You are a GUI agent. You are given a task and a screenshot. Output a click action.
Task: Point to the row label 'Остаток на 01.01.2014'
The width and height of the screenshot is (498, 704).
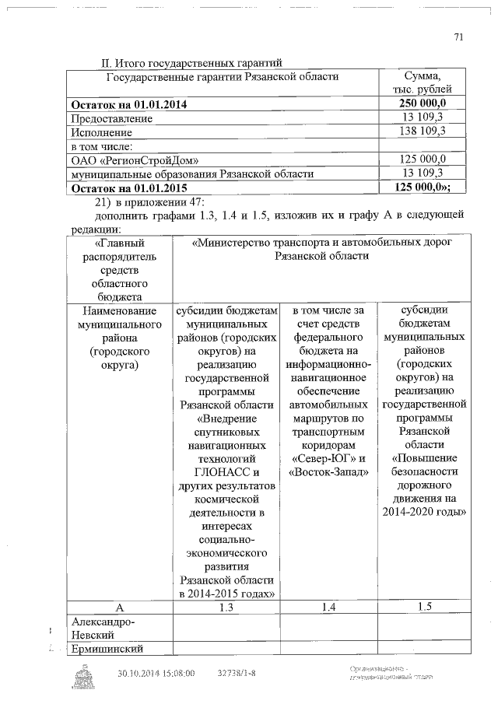(130, 104)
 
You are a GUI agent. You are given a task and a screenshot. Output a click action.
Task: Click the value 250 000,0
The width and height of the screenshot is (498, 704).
(423, 104)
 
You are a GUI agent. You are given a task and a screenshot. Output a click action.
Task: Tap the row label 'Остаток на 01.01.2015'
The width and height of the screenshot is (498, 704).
(130, 187)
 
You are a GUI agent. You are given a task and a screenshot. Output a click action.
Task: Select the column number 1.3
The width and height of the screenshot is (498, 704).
(226, 606)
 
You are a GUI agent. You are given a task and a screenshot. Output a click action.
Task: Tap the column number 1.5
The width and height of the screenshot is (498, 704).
(424, 606)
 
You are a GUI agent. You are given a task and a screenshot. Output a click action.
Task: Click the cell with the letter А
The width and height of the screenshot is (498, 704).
(118, 606)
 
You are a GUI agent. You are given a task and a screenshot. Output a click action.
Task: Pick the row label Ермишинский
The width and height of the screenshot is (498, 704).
(105, 649)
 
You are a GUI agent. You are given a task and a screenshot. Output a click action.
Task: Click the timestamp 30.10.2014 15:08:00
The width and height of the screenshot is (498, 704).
(156, 673)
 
